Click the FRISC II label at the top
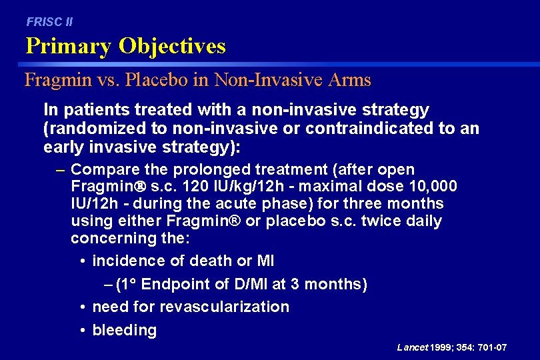pyautogui.click(x=49, y=22)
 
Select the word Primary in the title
pyautogui.click(x=69, y=47)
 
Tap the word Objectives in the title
pyautogui.click(x=172, y=47)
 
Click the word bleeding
pyautogui.click(x=125, y=331)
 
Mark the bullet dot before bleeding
pyautogui.click(x=81, y=331)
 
